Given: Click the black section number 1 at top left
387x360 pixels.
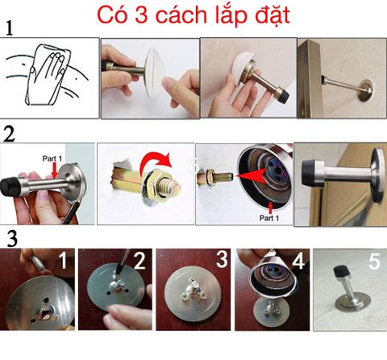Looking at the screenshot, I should click(x=10, y=29).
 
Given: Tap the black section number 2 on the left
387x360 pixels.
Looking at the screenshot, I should click(x=10, y=133).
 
